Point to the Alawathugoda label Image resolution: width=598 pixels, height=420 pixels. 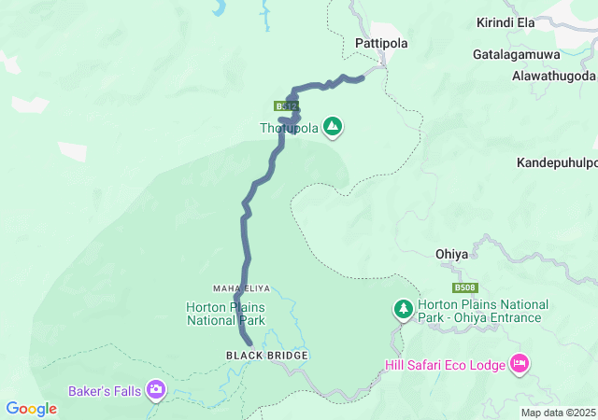[x=554, y=76]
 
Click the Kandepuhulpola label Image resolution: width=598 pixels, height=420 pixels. [x=557, y=162]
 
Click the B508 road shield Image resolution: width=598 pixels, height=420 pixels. [x=464, y=288]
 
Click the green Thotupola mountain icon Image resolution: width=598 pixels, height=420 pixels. [x=333, y=126]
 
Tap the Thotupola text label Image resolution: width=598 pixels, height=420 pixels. [x=289, y=128]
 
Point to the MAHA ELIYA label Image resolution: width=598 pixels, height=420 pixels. [x=241, y=287]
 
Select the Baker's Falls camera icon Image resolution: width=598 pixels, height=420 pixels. [x=156, y=389]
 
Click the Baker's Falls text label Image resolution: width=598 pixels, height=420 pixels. [x=105, y=390]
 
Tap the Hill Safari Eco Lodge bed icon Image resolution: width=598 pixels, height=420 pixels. [x=520, y=364]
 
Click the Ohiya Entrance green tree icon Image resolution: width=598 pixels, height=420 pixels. [x=403, y=307]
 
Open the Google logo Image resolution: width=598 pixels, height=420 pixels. [x=31, y=409]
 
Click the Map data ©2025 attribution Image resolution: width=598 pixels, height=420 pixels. [x=557, y=413]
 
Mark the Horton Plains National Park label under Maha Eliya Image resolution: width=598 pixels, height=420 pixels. [x=226, y=314]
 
